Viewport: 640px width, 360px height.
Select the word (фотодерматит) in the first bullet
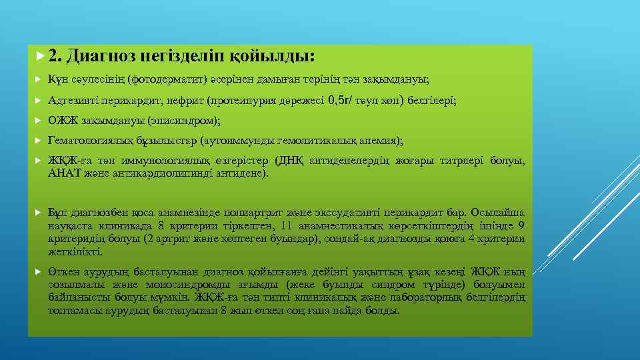coord(161,80)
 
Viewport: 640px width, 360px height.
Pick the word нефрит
coord(187,101)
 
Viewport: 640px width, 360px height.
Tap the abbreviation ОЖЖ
coord(63,121)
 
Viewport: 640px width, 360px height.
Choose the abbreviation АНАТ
coord(63,173)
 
